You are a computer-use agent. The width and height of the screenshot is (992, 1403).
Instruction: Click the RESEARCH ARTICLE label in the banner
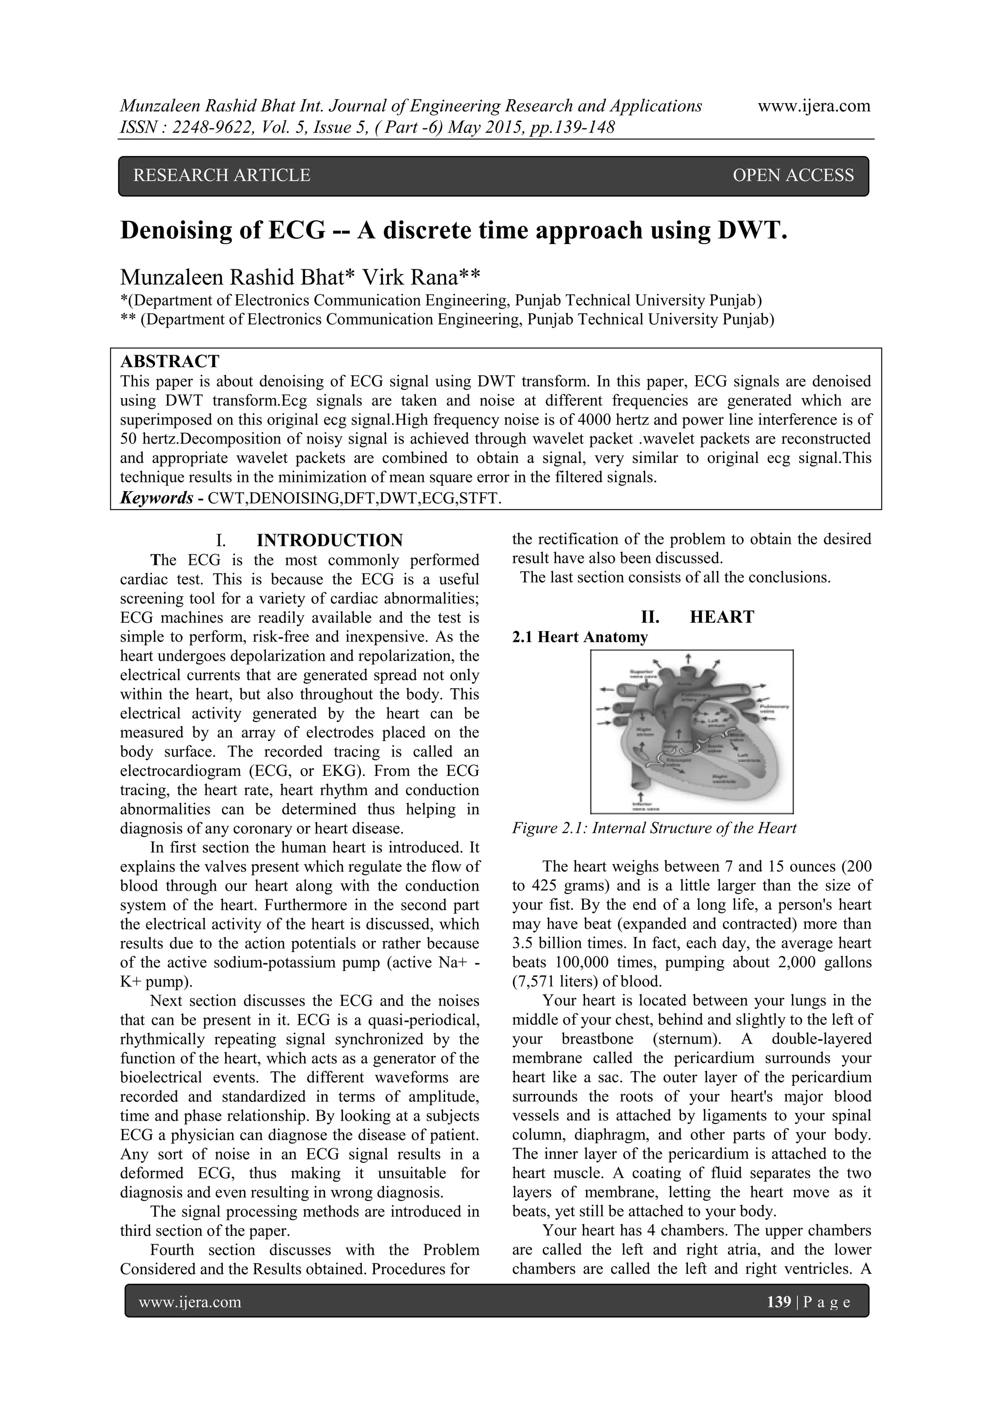pos(222,175)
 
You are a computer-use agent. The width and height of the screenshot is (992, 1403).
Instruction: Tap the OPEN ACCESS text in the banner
pos(793,175)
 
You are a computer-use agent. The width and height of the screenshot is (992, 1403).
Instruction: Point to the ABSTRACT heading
pos(170,361)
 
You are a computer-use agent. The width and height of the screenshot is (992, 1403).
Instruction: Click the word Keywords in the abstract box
pos(156,498)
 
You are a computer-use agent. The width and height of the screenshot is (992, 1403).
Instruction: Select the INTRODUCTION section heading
pos(329,540)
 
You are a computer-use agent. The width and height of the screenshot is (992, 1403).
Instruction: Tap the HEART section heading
pos(722,617)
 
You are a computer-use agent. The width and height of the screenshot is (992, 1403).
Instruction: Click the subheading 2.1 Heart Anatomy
pos(579,637)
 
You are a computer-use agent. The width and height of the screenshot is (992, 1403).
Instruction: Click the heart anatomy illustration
pos(691,731)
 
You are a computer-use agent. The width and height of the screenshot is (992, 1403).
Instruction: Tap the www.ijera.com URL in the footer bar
pos(190,1302)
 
